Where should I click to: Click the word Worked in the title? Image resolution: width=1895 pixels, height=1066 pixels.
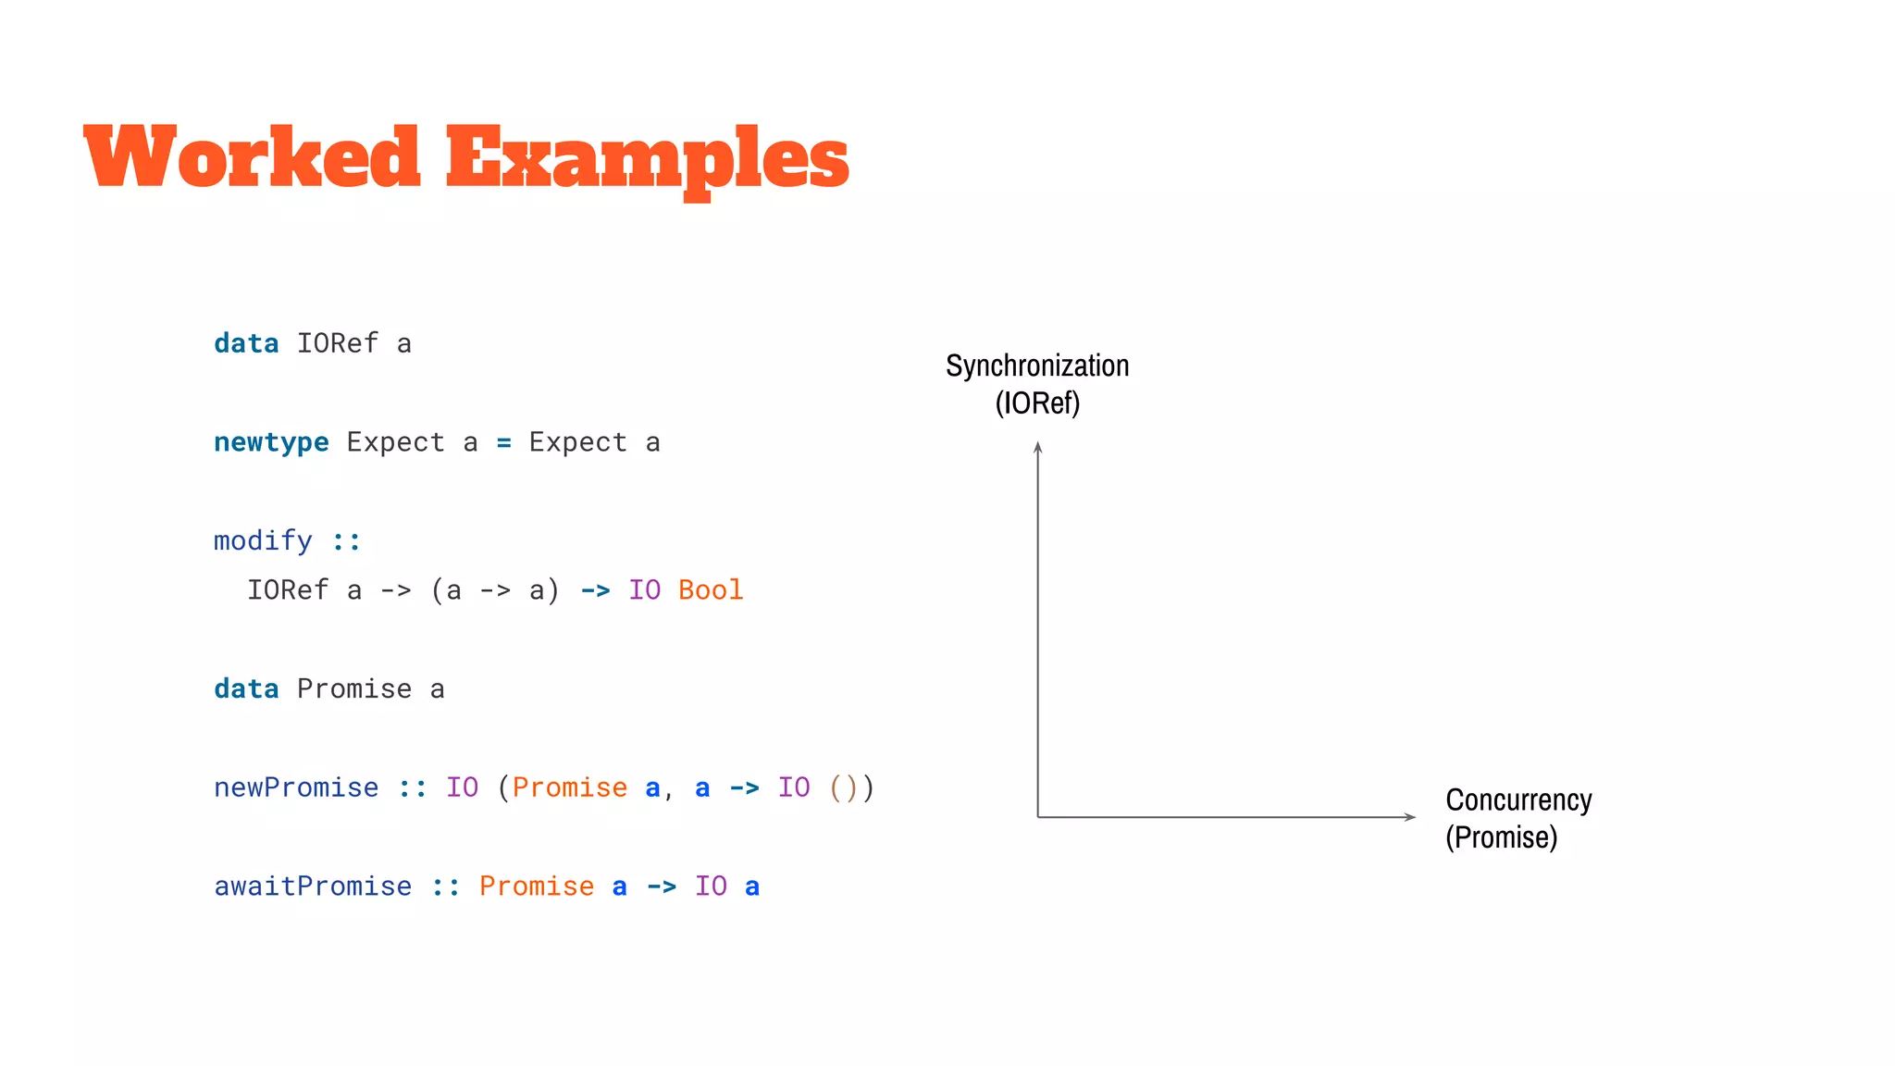click(252, 157)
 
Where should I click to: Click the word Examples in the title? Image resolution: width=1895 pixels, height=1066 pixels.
click(647, 159)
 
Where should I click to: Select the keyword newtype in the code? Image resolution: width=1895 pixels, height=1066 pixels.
click(271, 443)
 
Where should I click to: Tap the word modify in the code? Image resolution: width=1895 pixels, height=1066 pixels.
click(263, 540)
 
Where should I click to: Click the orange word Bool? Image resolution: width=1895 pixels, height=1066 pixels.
click(711, 590)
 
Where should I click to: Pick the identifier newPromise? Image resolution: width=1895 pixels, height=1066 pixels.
click(296, 787)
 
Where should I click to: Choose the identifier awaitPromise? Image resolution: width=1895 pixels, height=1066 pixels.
click(313, 886)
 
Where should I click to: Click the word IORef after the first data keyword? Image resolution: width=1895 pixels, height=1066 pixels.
click(338, 344)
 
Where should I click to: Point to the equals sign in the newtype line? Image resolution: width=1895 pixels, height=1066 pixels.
click(503, 443)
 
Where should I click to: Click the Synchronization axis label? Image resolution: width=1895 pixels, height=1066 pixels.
click(1037, 366)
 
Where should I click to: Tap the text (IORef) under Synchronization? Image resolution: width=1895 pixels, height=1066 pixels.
click(1037, 403)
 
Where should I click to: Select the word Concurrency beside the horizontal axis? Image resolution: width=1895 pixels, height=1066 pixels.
click(1518, 800)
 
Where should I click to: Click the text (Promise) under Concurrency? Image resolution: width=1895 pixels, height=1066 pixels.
click(1501, 837)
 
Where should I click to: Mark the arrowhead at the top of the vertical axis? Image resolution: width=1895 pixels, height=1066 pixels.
click(1038, 448)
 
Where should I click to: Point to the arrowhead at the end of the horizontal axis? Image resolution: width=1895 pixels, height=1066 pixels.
click(1410, 817)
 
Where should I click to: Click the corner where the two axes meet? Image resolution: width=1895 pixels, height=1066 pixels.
click(1038, 817)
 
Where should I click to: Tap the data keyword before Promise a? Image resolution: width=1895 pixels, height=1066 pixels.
click(246, 689)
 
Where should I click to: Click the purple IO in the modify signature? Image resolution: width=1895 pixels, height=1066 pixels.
click(645, 590)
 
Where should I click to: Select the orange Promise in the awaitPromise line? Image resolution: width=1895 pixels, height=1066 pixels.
click(537, 886)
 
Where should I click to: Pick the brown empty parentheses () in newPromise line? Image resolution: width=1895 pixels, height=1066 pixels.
click(844, 787)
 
